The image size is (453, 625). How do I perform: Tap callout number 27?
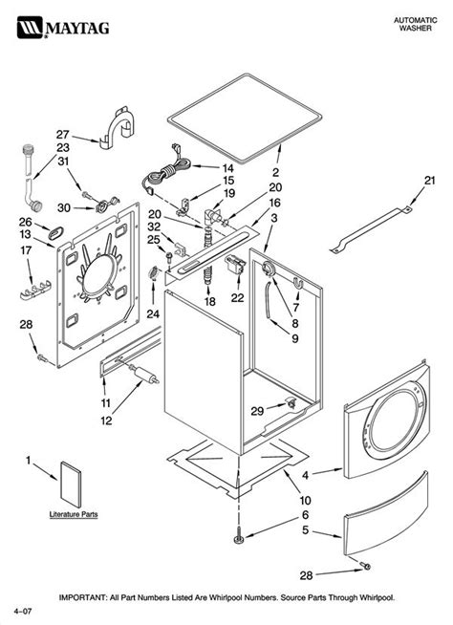tap(63, 134)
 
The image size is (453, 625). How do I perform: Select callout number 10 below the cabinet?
tap(305, 498)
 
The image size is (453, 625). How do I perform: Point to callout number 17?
tap(26, 250)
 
